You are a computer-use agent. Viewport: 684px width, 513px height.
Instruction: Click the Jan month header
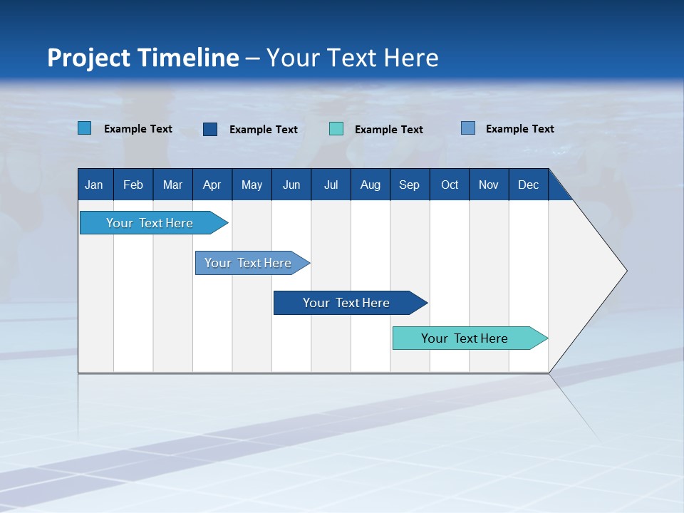pyautogui.click(x=95, y=185)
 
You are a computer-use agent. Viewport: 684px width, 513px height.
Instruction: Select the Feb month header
pyautogui.click(x=133, y=185)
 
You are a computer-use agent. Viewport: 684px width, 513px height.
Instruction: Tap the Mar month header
pyautogui.click(x=172, y=185)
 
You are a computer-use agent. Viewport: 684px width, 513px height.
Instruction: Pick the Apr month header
pyautogui.click(x=212, y=185)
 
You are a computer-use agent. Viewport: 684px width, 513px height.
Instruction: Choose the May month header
pyautogui.click(x=252, y=185)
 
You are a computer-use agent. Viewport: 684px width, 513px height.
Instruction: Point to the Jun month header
pyautogui.click(x=291, y=185)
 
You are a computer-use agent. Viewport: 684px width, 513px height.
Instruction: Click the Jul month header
pyautogui.click(x=331, y=185)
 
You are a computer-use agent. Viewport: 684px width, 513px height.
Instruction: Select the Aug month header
pyautogui.click(x=370, y=185)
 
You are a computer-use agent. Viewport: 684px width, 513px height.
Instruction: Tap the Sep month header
pyautogui.click(x=410, y=185)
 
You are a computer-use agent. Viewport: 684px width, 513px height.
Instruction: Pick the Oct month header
pyautogui.click(x=450, y=185)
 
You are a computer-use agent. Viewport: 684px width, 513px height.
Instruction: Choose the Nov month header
pyautogui.click(x=489, y=185)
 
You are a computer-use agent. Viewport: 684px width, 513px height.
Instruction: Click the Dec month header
pyautogui.click(x=529, y=185)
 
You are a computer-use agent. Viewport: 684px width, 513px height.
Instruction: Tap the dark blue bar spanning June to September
pyautogui.click(x=347, y=303)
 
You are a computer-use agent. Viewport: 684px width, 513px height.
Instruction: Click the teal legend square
pyautogui.click(x=336, y=129)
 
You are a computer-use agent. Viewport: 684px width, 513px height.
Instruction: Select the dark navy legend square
pyautogui.click(x=210, y=129)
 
